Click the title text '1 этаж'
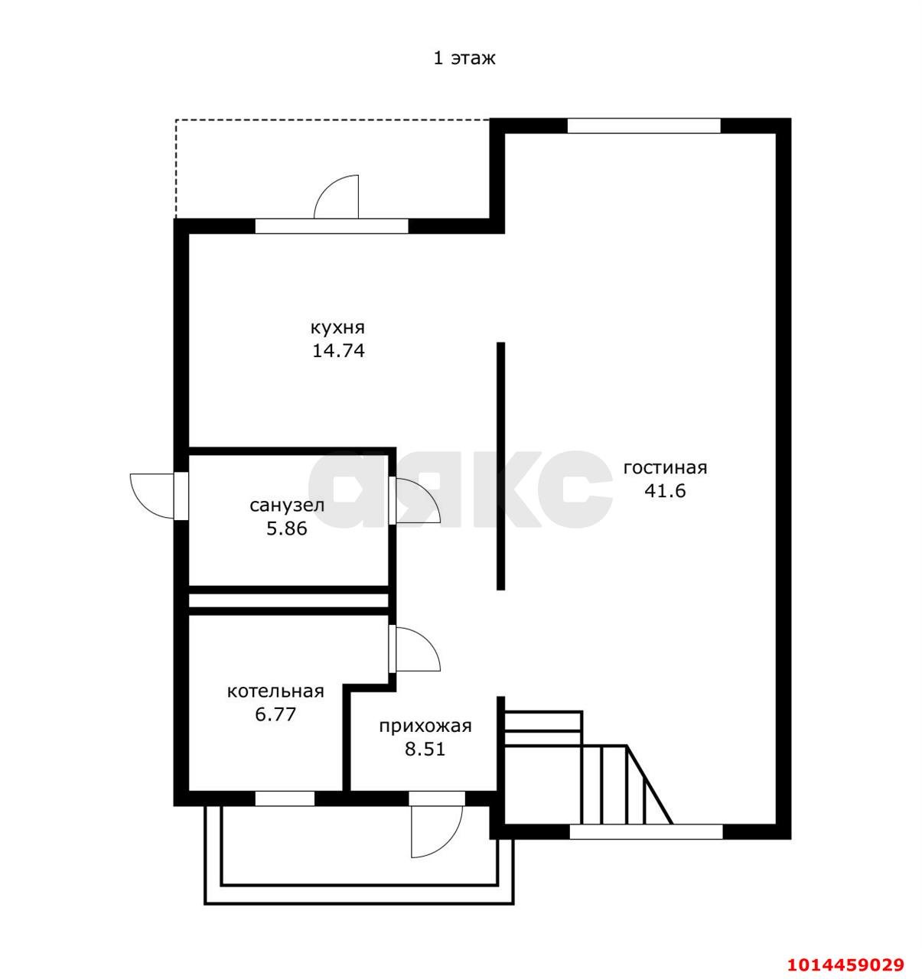pos(464,59)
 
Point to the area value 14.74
pos(338,350)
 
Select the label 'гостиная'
pos(665,467)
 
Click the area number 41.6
pos(665,491)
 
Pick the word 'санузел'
pos(287,506)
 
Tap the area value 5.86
pos(287,529)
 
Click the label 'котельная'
pos(275,691)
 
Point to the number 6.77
pos(275,714)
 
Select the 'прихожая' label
pos(425,726)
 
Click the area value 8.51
pos(425,750)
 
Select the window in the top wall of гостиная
pos(643,125)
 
